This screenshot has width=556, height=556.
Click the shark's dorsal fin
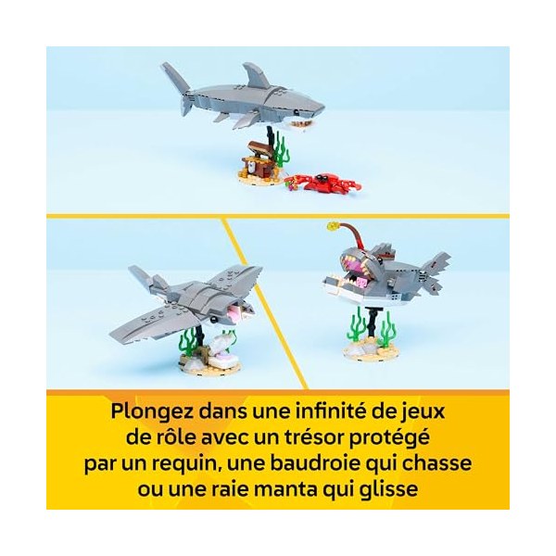[x=256, y=75]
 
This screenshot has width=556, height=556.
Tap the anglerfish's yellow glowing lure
[x=334, y=225]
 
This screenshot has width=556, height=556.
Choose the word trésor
[x=312, y=437]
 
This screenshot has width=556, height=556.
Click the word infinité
[x=331, y=411]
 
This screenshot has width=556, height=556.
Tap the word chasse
[x=437, y=463]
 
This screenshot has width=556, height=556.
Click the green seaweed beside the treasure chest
[x=281, y=153]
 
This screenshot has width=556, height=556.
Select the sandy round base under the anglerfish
[x=371, y=350]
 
